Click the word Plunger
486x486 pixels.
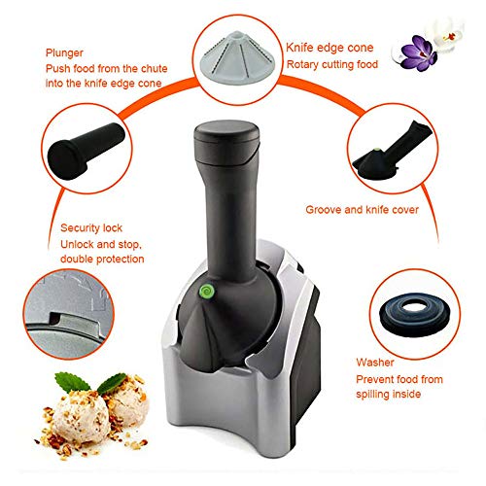[64, 53]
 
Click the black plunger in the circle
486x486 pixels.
[86, 151]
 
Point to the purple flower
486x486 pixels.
[419, 53]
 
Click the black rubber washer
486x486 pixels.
[414, 314]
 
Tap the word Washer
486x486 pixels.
[375, 363]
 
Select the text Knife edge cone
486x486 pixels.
[330, 48]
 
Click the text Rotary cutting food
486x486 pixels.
[332, 64]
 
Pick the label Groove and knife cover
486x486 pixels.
[362, 210]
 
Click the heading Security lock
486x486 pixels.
[91, 228]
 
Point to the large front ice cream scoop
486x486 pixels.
[81, 422]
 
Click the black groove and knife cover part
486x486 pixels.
[393, 151]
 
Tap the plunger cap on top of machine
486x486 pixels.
[226, 142]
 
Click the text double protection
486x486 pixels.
[102, 260]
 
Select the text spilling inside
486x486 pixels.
[388, 395]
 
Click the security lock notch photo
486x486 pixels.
[69, 314]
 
